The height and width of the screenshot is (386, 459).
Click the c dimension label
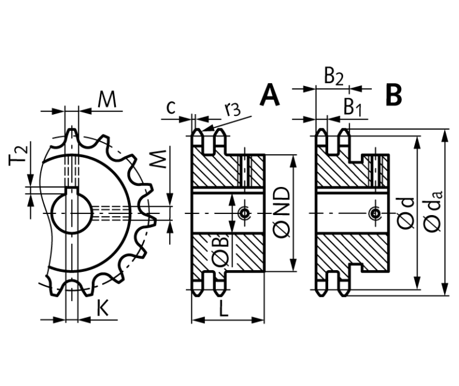(x=171, y=107)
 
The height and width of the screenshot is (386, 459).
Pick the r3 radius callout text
(x=232, y=109)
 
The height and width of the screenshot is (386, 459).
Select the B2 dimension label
(x=333, y=76)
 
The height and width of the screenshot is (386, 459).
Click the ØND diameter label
(x=283, y=213)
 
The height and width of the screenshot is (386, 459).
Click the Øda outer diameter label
(x=432, y=214)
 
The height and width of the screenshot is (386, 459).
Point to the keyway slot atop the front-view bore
(x=71, y=192)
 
